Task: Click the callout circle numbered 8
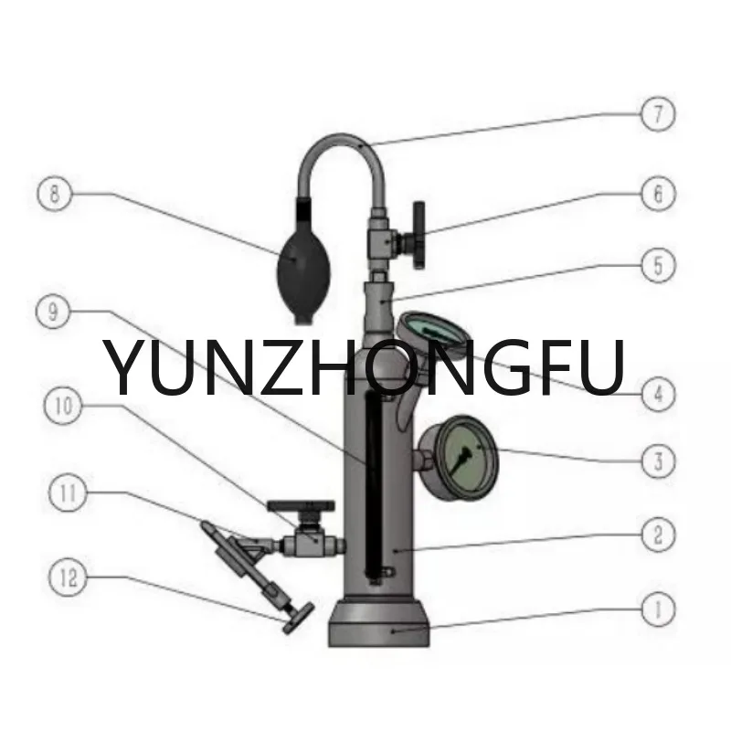[x=55, y=194]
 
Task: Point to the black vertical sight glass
[x=372, y=484]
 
